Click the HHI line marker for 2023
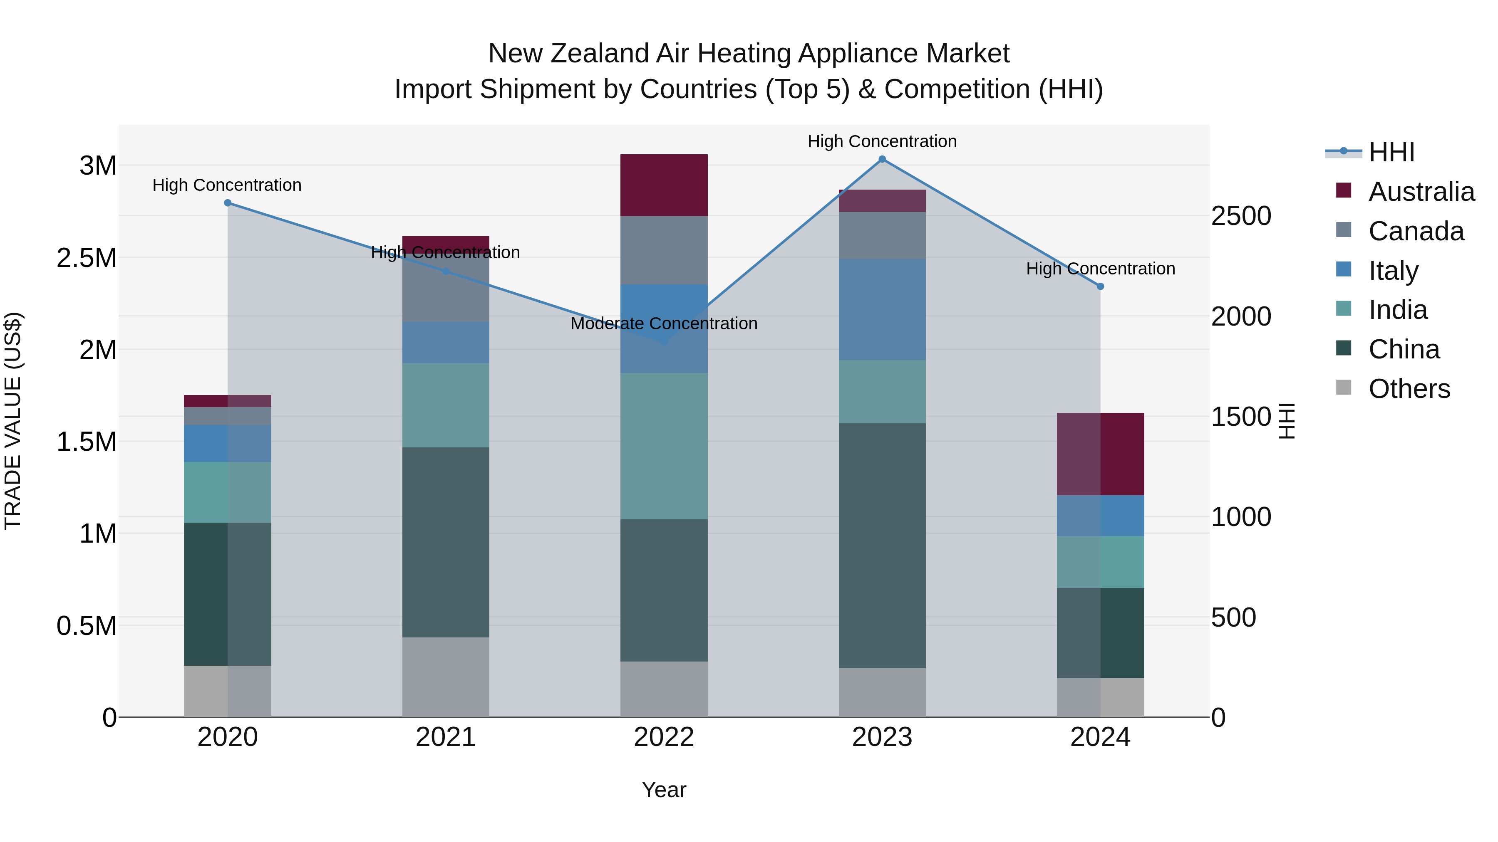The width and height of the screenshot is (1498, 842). (x=882, y=159)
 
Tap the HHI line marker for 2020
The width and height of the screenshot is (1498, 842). (x=227, y=203)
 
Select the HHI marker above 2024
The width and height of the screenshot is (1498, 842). (x=1100, y=286)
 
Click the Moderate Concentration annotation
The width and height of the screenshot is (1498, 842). (x=664, y=323)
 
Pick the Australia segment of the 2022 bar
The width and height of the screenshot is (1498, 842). (x=664, y=185)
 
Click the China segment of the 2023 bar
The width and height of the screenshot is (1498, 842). (x=882, y=545)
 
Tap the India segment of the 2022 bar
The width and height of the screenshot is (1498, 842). (x=664, y=446)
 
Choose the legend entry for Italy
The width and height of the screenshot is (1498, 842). (x=1393, y=271)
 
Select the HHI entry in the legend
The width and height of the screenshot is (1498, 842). (x=1391, y=152)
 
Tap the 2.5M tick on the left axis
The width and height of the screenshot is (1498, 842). (x=87, y=258)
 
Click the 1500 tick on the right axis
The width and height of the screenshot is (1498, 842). (x=1241, y=417)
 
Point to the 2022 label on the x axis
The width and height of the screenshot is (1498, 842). (x=664, y=737)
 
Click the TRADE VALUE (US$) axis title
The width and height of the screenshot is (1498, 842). (x=13, y=421)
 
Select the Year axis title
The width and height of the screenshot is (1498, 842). (x=664, y=790)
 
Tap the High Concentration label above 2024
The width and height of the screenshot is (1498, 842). (x=1100, y=269)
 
